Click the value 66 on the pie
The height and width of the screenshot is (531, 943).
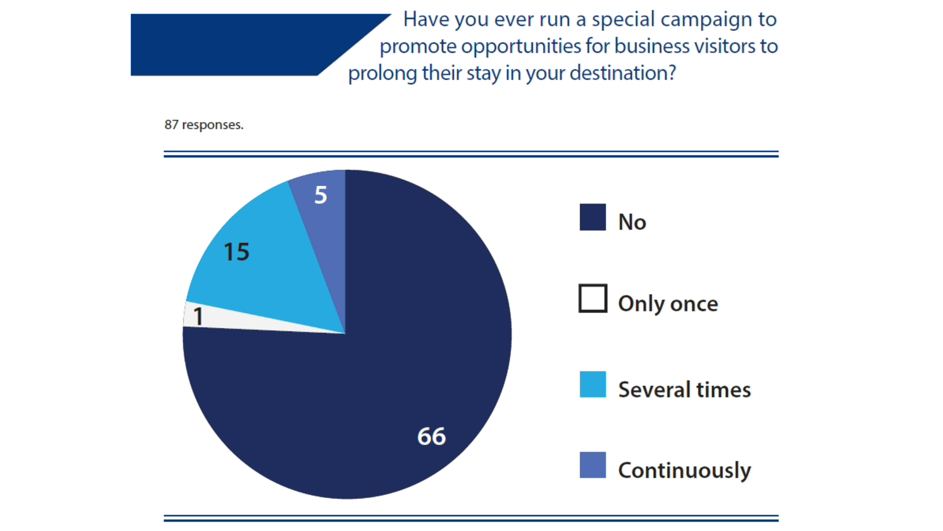click(431, 436)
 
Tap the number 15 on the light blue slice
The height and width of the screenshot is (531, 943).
click(236, 252)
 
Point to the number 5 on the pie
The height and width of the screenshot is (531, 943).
click(321, 195)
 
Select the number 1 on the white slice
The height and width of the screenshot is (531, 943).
click(198, 316)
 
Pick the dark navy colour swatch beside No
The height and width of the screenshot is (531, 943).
click(592, 217)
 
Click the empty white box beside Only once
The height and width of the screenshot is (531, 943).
click(592, 298)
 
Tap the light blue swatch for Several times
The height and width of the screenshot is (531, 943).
click(592, 384)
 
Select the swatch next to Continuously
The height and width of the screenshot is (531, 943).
click(592, 465)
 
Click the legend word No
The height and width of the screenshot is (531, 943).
click(632, 222)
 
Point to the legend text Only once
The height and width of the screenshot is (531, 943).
click(668, 304)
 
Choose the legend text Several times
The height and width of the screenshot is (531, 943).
click(684, 390)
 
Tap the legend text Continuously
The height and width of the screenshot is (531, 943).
click(684, 471)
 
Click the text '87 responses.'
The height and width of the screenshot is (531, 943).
click(204, 125)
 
